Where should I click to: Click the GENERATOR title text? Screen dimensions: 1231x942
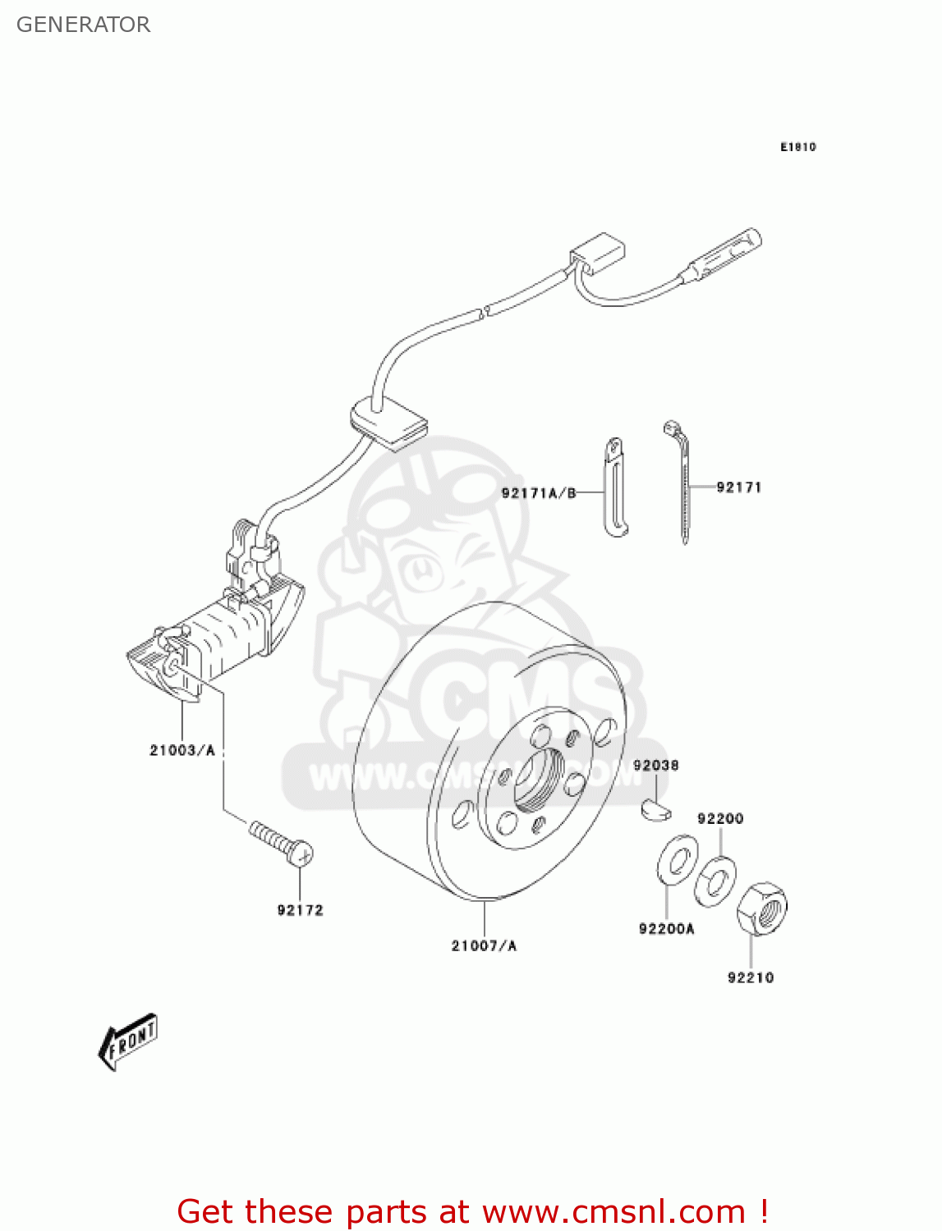83,25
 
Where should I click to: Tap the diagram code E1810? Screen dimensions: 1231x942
797,147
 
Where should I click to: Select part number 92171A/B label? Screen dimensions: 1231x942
539,493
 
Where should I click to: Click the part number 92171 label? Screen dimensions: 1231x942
738,487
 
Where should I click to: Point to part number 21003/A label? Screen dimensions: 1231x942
182,750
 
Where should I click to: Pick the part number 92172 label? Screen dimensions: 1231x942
300,910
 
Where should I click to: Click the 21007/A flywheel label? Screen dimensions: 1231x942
484,945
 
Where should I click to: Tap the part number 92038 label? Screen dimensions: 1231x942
655,766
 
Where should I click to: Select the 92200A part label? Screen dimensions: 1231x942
666,929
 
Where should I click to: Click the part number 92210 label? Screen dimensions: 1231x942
750,977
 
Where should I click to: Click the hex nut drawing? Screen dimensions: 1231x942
761,908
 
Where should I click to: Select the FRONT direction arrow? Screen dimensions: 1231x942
128,1041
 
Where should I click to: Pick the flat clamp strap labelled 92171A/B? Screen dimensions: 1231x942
614,487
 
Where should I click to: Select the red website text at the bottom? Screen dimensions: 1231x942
472,1211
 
